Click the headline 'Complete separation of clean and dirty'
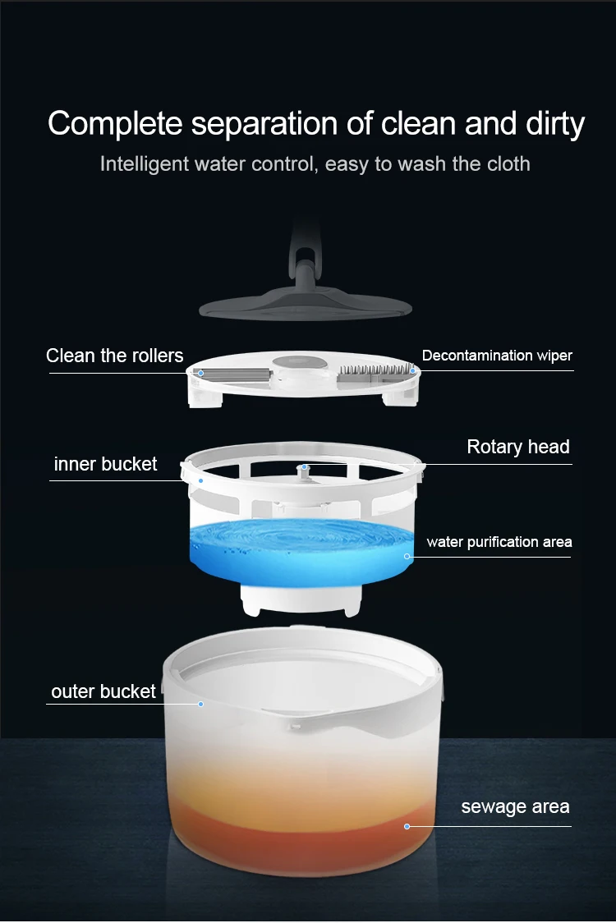pyautogui.click(x=315, y=124)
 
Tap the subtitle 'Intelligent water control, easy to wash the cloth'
pyautogui.click(x=315, y=163)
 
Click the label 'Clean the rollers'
pyautogui.click(x=115, y=356)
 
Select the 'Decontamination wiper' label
pyautogui.click(x=496, y=356)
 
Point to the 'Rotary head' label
pyautogui.click(x=517, y=447)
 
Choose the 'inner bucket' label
pyautogui.click(x=105, y=464)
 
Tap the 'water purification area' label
pyautogui.click(x=499, y=542)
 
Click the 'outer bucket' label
pyautogui.click(x=103, y=691)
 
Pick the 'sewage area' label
pyautogui.click(x=515, y=806)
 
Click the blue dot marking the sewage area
pyautogui.click(x=407, y=826)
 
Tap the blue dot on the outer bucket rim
pyautogui.click(x=200, y=704)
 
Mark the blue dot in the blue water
pyautogui.click(x=407, y=557)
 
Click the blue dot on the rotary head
pyautogui.click(x=303, y=467)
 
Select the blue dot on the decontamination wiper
pyautogui.click(x=412, y=371)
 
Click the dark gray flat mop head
pyautogui.click(x=305, y=305)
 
